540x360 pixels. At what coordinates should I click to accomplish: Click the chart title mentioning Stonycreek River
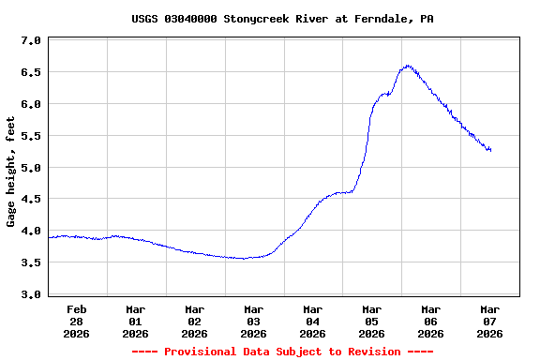(269, 19)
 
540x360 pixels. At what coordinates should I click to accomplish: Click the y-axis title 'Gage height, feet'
(11, 172)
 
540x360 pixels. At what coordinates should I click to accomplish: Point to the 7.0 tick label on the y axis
(31, 41)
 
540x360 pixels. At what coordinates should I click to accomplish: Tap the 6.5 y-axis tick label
(31, 72)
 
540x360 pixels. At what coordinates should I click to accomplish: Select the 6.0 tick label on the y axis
(31, 104)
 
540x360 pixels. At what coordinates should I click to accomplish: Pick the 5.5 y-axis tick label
(31, 136)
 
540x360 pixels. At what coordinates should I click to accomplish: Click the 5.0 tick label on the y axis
(31, 168)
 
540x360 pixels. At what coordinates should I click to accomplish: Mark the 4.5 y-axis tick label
(31, 199)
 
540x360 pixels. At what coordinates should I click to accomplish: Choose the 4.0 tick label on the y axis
(31, 231)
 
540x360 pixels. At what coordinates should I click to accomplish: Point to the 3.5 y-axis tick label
(31, 262)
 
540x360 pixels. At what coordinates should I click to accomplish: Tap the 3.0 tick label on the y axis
(31, 294)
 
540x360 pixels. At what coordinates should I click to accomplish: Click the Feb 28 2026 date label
(77, 321)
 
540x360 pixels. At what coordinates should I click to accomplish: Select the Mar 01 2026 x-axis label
(136, 321)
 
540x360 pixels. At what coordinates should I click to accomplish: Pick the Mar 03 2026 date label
(253, 321)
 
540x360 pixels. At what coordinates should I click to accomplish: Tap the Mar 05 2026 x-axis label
(371, 321)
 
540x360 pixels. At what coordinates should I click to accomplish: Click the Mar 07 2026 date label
(489, 321)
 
